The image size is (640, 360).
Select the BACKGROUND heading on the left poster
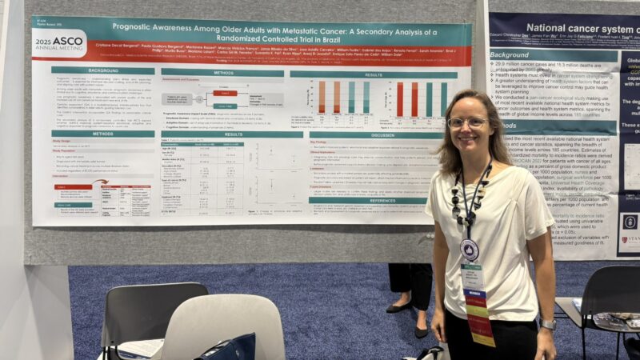(93, 70)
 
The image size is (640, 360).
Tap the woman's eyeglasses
(467, 122)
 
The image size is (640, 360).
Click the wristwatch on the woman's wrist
(547, 323)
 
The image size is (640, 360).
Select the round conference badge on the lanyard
(470, 250)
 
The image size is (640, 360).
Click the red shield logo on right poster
(630, 222)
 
